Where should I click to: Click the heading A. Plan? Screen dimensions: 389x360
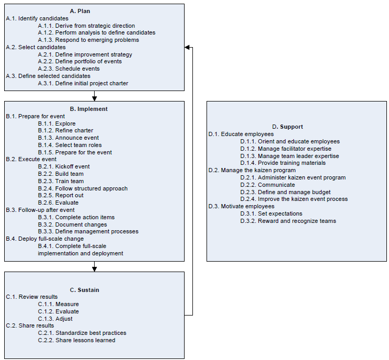click(x=80, y=11)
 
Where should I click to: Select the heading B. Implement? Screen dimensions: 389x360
click(x=88, y=109)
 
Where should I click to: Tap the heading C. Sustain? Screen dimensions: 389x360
click(x=84, y=290)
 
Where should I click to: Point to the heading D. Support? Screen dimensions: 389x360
click(x=287, y=127)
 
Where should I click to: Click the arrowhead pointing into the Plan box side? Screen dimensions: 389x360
click(x=187, y=47)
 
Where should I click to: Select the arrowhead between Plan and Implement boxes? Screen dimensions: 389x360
click(x=94, y=98)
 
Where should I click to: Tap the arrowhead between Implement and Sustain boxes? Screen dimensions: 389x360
click(x=94, y=269)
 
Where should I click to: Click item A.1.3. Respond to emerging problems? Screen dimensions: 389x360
click(x=88, y=40)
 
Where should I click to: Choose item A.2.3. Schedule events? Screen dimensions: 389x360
click(x=68, y=69)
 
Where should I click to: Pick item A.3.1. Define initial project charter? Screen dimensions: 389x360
click(x=83, y=83)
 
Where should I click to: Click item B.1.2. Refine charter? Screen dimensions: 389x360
click(x=65, y=131)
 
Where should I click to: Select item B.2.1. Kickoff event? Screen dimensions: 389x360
click(x=64, y=166)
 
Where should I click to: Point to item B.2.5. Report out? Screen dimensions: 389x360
click(x=61, y=195)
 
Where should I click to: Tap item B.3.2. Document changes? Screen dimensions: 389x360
click(x=73, y=224)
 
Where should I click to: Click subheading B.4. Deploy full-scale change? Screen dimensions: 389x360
click(x=44, y=239)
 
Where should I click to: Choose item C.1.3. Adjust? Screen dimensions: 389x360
click(x=55, y=319)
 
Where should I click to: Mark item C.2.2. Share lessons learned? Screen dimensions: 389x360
click(x=76, y=341)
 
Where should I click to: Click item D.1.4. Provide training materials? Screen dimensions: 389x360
click(x=283, y=163)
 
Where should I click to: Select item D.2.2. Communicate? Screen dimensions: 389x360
click(x=268, y=185)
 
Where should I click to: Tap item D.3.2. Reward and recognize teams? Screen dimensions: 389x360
click(x=288, y=221)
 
